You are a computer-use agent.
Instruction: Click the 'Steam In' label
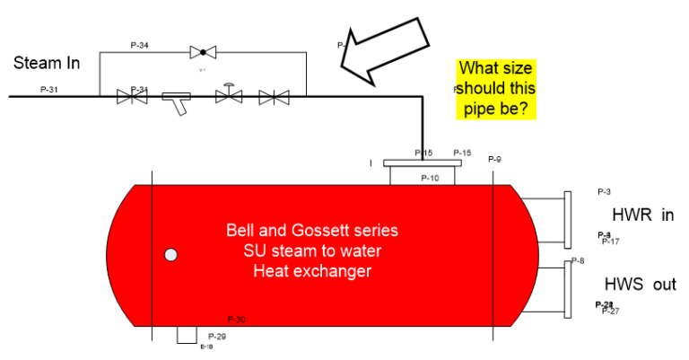pos(47,63)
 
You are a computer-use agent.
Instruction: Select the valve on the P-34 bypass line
pos(204,52)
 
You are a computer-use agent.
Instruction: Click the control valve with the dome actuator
pos(230,94)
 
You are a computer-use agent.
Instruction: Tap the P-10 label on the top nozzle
pos(430,178)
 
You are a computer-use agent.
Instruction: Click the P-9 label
pos(494,160)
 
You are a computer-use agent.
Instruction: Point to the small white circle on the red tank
pos(170,255)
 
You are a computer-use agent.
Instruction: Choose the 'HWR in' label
pos(642,215)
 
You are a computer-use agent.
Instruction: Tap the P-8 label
pos(577,261)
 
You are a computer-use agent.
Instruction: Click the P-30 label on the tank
pos(237,319)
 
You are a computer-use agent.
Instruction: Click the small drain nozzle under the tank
pos(186,334)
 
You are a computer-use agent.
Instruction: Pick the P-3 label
pos(604,191)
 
